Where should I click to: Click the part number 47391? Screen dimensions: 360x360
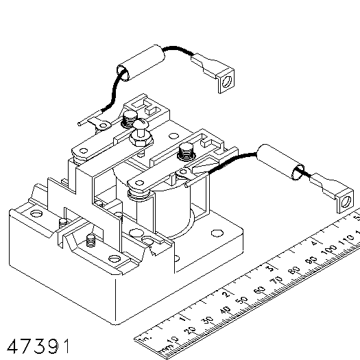(38, 346)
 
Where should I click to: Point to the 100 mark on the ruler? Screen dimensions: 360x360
(329, 250)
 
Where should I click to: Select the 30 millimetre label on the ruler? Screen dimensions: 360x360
(208, 320)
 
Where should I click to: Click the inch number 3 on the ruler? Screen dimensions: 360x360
(271, 268)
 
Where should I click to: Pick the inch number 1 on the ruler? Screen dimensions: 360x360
(182, 319)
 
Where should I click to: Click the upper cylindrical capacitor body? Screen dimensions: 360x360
(141, 62)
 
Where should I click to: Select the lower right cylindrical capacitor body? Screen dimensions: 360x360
(280, 162)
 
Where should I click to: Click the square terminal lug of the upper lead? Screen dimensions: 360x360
(226, 81)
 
